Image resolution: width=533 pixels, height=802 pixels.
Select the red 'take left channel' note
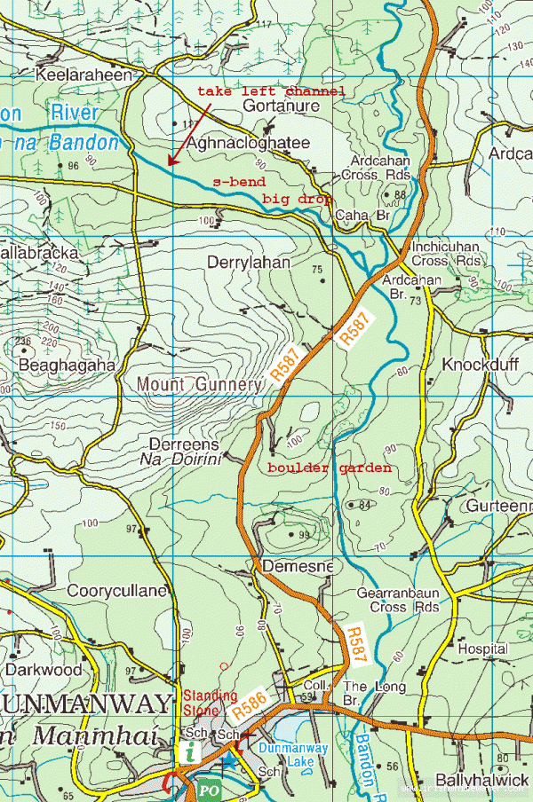[271, 91]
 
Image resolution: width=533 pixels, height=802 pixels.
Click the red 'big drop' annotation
[297, 199]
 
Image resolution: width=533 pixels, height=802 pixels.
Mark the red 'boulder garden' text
[330, 468]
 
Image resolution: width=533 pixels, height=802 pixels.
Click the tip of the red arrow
[169, 164]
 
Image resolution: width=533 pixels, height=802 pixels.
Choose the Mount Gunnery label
[199, 384]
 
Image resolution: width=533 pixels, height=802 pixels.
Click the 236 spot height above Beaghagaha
[23, 341]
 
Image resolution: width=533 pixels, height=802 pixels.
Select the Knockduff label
[480, 365]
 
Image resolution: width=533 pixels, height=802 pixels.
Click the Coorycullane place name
[116, 590]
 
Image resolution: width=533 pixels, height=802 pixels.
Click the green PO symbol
[206, 789]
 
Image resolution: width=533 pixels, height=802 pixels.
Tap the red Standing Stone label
[211, 702]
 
